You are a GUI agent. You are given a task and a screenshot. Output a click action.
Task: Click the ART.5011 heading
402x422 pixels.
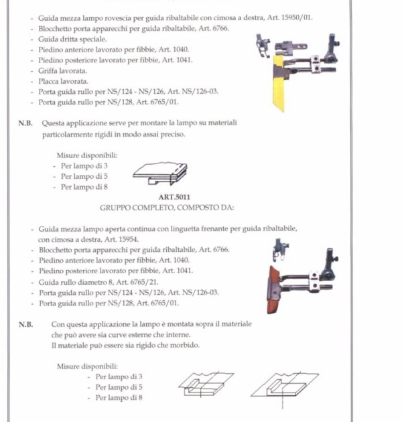pos(174,197)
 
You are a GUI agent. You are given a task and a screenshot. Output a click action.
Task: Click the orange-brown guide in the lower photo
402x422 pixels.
pos(273,290)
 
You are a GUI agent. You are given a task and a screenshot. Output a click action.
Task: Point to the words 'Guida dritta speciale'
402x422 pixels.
pos(72,40)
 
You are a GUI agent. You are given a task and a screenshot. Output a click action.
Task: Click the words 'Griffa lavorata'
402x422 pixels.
pos(62,71)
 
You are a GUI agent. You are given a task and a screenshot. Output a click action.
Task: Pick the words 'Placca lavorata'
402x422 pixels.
pos(63,81)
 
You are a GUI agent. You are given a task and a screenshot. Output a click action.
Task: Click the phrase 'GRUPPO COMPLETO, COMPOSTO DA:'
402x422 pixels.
pos(167,208)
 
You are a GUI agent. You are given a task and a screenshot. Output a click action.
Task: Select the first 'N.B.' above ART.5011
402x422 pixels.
pos(25,123)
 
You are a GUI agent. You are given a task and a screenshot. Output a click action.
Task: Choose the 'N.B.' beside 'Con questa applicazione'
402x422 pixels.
pos(26,325)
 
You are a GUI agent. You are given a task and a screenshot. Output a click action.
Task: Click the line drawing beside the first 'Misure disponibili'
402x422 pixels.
pos(160,173)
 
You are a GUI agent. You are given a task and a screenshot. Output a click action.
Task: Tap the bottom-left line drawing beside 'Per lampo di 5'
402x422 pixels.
pos(206,384)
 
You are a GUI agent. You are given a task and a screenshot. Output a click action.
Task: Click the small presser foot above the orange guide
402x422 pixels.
pos(280,249)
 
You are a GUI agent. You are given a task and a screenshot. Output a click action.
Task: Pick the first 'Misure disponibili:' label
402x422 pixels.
pos(87,155)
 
